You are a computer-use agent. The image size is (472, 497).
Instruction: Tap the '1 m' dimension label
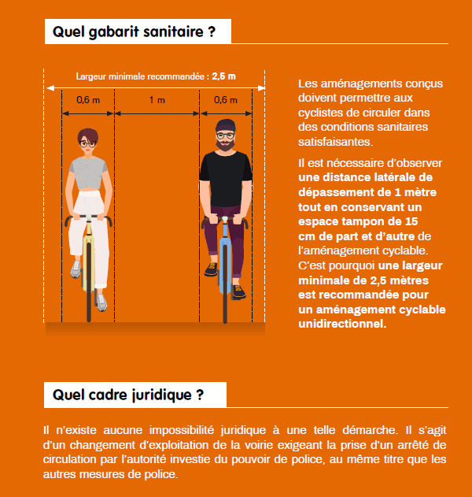[x=157, y=100]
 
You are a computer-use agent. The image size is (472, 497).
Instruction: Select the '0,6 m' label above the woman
[x=88, y=100]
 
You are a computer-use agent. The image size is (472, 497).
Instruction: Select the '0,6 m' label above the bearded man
[x=225, y=100]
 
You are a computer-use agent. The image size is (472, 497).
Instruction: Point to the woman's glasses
[x=87, y=143]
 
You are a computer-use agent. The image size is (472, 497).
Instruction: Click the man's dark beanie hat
[x=225, y=125]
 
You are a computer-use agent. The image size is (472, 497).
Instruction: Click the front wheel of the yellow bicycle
[x=89, y=295]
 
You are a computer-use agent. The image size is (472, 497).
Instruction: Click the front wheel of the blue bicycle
[x=225, y=295]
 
